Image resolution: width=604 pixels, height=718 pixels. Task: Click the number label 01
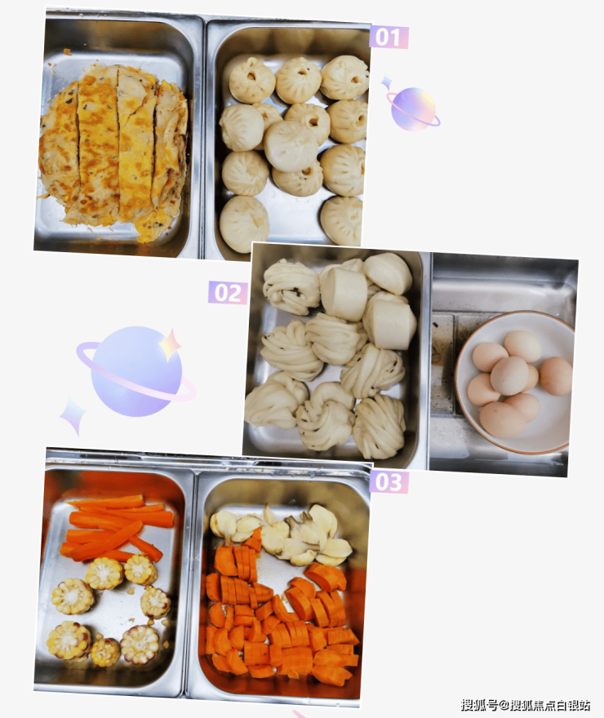coord(389,37)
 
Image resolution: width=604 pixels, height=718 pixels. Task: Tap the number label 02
coord(228,293)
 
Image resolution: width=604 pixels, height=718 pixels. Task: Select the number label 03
coord(389,481)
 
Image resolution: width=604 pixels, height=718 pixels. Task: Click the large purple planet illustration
coord(136,371)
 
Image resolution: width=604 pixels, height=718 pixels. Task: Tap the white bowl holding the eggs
coord(515,383)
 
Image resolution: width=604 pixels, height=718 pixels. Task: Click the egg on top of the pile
coord(509,375)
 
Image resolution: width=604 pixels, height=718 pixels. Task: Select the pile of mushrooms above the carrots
coord(282,534)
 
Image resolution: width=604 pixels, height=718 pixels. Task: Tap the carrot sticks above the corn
coord(117,526)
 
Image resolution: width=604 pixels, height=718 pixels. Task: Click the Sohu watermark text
coord(526,705)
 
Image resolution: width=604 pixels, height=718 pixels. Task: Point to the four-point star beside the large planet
coord(73,414)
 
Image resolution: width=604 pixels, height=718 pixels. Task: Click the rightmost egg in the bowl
coord(556,376)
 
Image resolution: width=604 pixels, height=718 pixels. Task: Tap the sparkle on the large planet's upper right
coord(171,343)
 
